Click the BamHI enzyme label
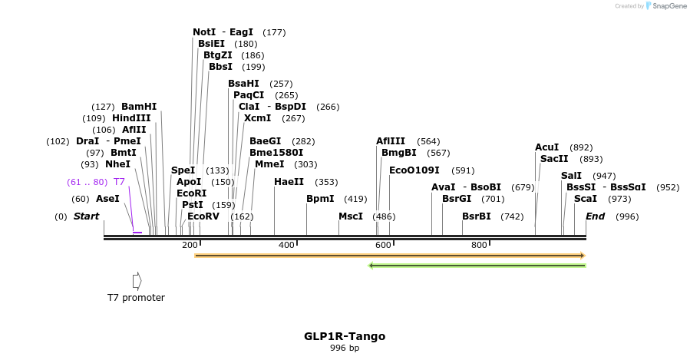pyautogui.click(x=138, y=107)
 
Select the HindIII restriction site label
pyautogui.click(x=131, y=118)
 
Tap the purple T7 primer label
pyautogui.click(x=119, y=182)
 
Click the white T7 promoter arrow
pyautogui.click(x=137, y=281)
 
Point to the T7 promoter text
pyautogui.click(x=136, y=298)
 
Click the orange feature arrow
pyautogui.click(x=390, y=256)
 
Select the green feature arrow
pyautogui.click(x=477, y=266)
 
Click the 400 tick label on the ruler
pyautogui.click(x=286, y=246)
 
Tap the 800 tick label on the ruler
pyautogui.click(x=479, y=246)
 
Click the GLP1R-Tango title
pyautogui.click(x=345, y=336)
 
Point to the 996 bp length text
pyautogui.click(x=345, y=348)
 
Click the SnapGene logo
pyautogui.click(x=665, y=6)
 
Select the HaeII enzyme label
pyautogui.click(x=289, y=182)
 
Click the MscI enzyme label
pyautogui.click(x=351, y=216)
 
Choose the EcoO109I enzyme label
pyautogui.click(x=414, y=170)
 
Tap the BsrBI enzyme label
pyautogui.click(x=476, y=216)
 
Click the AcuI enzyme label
pyautogui.click(x=546, y=147)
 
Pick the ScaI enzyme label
pyautogui.click(x=585, y=199)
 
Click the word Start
pyautogui.click(x=86, y=216)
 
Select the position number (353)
pyautogui.click(x=326, y=182)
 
